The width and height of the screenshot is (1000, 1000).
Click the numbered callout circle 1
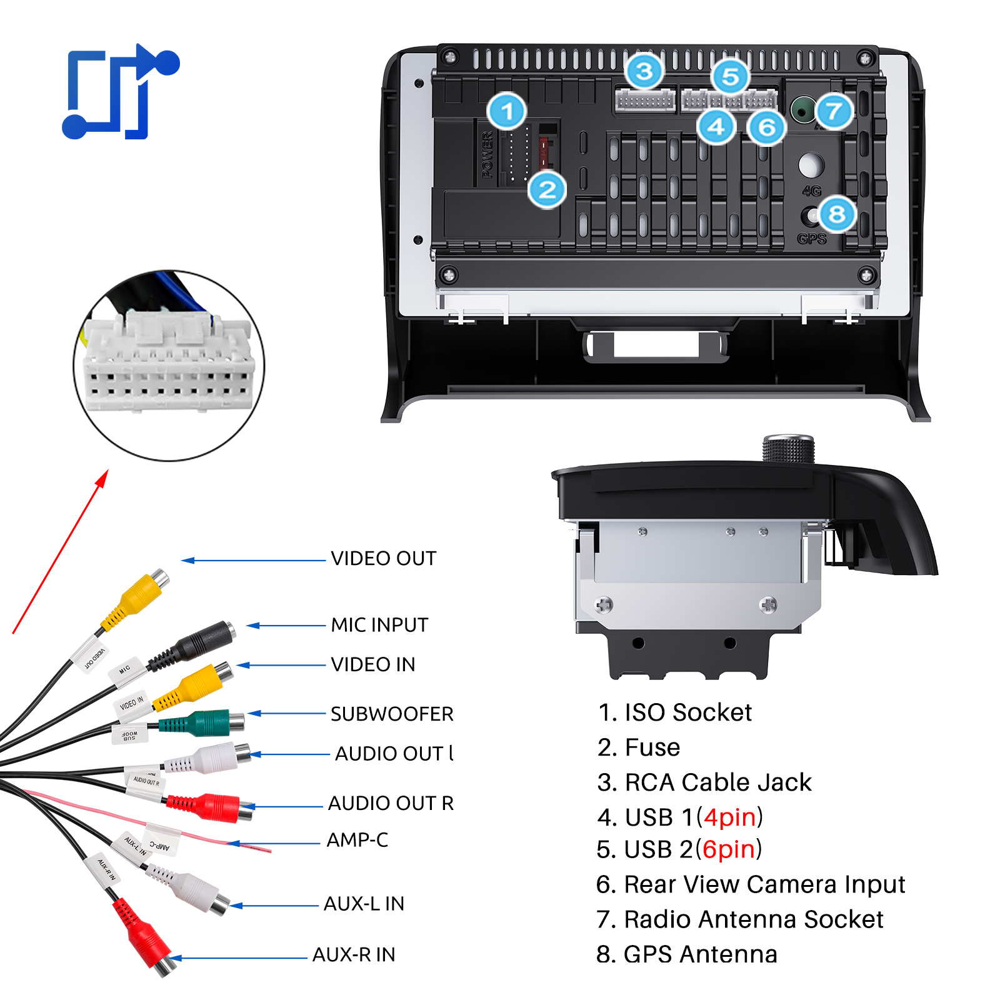tap(507, 112)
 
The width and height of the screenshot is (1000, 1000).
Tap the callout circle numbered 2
tap(547, 189)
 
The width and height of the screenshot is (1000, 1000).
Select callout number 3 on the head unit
tap(644, 71)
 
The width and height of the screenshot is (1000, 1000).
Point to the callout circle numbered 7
tap(834, 112)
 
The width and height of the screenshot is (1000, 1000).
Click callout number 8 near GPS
tap(837, 214)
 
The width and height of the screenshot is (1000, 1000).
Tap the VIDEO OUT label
tap(383, 558)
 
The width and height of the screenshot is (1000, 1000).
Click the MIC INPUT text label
tap(379, 624)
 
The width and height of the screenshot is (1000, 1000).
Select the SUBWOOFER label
tap(392, 714)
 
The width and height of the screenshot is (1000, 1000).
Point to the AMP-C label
tap(357, 839)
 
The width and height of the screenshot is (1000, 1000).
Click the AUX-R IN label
tap(354, 954)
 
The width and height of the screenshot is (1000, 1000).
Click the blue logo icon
tap(121, 92)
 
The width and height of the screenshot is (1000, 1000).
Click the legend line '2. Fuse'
tap(639, 747)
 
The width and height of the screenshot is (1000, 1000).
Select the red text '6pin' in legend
tap(729, 849)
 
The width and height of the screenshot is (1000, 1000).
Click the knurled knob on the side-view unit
tap(788, 449)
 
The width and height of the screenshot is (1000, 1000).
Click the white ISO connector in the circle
tap(169, 362)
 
